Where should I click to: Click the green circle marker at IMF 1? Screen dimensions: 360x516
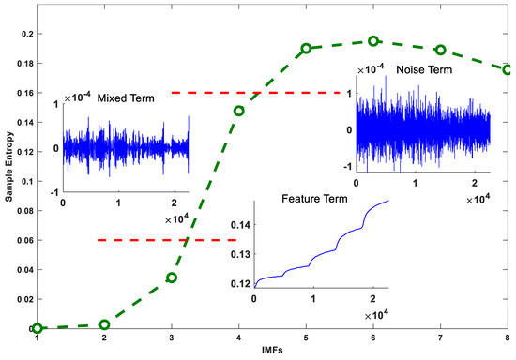(37, 328)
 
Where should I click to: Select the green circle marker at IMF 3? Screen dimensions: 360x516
(172, 277)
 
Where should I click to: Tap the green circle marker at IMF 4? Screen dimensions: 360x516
(239, 110)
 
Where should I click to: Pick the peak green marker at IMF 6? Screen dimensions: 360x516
(373, 41)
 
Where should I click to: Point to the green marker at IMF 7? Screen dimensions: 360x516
(440, 50)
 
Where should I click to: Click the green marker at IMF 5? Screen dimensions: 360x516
(306, 48)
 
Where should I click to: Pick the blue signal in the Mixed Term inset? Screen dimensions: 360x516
(122, 147)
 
